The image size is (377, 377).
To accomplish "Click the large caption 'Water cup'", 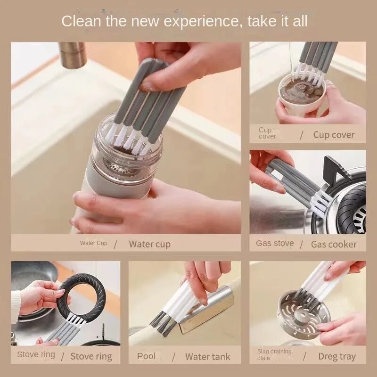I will click(x=149, y=244).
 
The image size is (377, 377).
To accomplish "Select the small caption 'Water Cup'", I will click(x=93, y=243).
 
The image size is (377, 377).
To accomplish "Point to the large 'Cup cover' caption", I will click(x=334, y=135).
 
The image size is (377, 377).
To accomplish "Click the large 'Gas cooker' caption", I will click(x=334, y=244).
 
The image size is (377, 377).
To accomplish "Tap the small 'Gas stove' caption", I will click(x=275, y=243).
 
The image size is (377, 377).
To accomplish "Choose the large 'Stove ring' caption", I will click(x=91, y=356).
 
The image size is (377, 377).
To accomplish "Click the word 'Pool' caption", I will click(x=146, y=356).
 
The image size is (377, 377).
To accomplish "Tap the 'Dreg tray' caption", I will click(x=337, y=356).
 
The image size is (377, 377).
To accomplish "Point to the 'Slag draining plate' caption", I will click(x=275, y=354).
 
